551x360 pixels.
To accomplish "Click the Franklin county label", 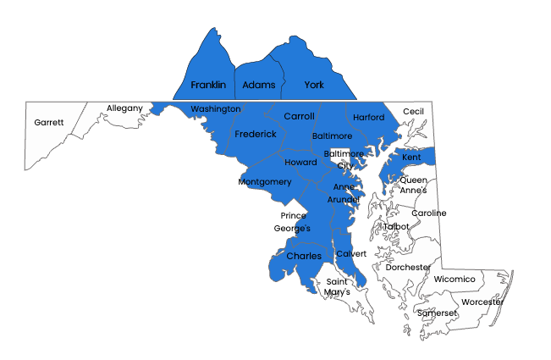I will pos(208,86).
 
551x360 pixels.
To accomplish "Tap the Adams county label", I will pos(258,86).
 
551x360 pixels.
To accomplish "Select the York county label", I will pos(314,86).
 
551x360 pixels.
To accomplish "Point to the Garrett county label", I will pos(49,122).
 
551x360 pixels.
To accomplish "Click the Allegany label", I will pos(124,108).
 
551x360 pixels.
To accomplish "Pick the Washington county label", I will pos(216,109).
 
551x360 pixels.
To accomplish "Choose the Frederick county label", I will pos(256,134).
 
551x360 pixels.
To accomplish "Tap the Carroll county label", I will pos(299,116).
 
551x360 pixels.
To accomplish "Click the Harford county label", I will pos(369,117).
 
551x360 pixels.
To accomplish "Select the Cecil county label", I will pos(413,112).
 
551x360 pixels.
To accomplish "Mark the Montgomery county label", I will pos(265,182).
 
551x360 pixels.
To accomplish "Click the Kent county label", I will pos(411,158).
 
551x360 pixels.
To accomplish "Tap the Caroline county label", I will pos(428,213).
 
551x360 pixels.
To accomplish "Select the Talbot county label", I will pos(396,226).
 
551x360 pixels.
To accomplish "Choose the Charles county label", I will pos(303,256).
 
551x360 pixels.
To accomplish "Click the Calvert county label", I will pos(351,254).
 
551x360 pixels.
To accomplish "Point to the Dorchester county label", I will pos(408,267).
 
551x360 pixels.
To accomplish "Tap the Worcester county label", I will pos(482,302).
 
